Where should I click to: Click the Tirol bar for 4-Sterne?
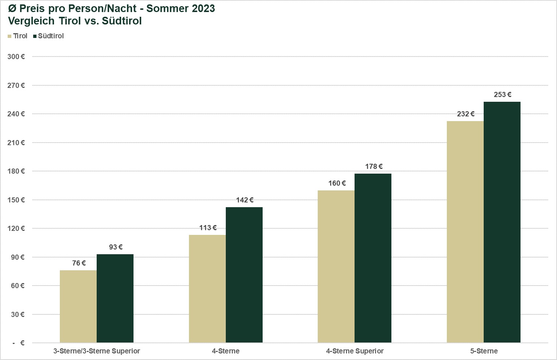point(207,289)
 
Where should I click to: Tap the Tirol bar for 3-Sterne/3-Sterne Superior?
point(78,306)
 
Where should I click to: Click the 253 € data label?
point(502,95)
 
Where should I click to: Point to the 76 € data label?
point(79,263)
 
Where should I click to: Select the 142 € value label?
point(244,200)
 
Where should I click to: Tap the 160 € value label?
point(337,183)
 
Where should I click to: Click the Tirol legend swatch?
point(10,36)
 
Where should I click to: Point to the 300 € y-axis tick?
point(16,57)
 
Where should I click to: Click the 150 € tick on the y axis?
point(16,200)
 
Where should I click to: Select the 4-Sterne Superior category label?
point(355,351)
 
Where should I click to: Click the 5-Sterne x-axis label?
point(484,351)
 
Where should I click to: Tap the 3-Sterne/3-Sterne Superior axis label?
point(97,351)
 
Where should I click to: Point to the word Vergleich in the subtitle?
point(31,21)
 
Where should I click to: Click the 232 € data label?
point(465,114)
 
